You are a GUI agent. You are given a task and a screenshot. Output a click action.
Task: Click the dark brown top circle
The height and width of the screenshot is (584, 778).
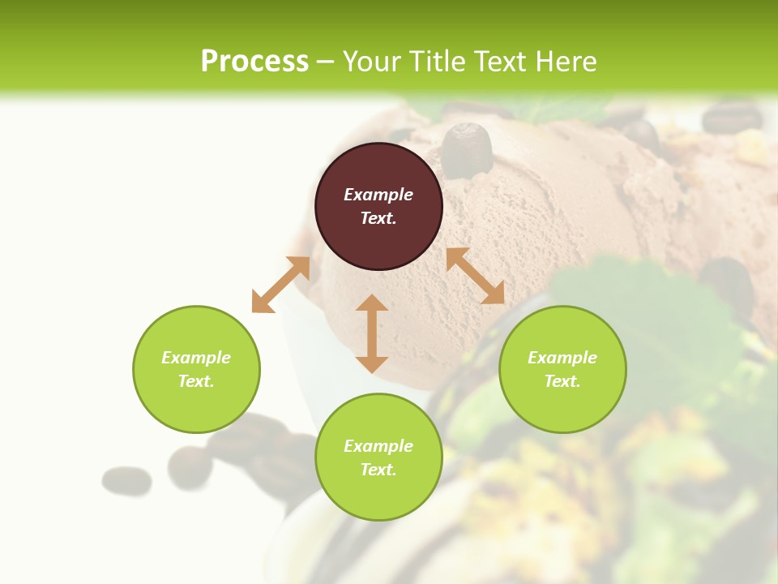click(x=378, y=207)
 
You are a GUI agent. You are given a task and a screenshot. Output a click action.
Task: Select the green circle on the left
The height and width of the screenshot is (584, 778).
click(x=196, y=369)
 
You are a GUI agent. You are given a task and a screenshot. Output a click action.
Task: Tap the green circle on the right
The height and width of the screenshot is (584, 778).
click(x=562, y=369)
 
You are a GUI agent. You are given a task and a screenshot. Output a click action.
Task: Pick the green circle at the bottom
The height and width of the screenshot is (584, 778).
click(x=378, y=457)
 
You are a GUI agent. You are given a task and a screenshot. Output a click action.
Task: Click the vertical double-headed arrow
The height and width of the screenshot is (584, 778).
click(x=372, y=333)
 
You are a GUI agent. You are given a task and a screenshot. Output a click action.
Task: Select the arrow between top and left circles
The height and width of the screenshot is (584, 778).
click(x=280, y=285)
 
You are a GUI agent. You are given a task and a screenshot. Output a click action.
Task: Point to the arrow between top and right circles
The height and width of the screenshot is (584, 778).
click(x=475, y=276)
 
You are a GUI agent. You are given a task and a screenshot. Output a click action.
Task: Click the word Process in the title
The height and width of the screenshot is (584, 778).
click(x=254, y=61)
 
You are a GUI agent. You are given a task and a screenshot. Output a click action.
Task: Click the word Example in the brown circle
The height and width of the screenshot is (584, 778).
click(x=378, y=195)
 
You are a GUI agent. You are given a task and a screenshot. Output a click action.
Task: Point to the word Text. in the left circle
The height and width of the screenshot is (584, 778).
click(x=196, y=381)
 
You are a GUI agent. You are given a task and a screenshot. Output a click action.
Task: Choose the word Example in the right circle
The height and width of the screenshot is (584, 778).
click(x=562, y=358)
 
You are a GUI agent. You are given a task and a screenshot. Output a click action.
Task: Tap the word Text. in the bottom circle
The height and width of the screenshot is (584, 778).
click(x=378, y=470)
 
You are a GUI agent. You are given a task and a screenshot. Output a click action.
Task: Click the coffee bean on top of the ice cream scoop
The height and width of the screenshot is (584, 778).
click(x=467, y=149)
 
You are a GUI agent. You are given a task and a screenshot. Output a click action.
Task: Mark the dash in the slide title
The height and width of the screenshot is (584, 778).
click(x=326, y=62)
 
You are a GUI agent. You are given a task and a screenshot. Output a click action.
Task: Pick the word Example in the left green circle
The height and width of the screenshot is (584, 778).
click(x=196, y=358)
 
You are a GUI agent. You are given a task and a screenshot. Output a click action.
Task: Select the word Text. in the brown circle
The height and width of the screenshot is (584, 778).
click(x=378, y=218)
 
